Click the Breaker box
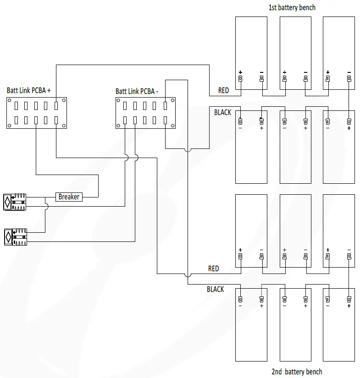click(69, 197)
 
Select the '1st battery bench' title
click(292, 7)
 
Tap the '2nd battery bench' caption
click(296, 372)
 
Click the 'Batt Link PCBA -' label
click(137, 91)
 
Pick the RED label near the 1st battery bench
click(223, 91)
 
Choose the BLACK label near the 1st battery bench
click(222, 112)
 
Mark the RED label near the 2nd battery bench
click(213, 268)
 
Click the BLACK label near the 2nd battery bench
click(215, 289)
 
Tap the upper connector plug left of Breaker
click(15, 202)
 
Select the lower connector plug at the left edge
click(15, 236)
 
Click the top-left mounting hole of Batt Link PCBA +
click(9, 100)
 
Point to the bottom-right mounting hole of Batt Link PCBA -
click(173, 125)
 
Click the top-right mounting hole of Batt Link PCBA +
click(64, 100)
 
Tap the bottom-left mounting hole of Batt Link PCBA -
click(118, 125)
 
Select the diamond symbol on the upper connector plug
click(8, 202)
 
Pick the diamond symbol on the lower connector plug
click(8, 236)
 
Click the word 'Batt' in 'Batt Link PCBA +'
click(12, 90)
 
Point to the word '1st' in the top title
click(273, 7)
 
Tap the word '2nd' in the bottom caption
click(276, 372)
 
